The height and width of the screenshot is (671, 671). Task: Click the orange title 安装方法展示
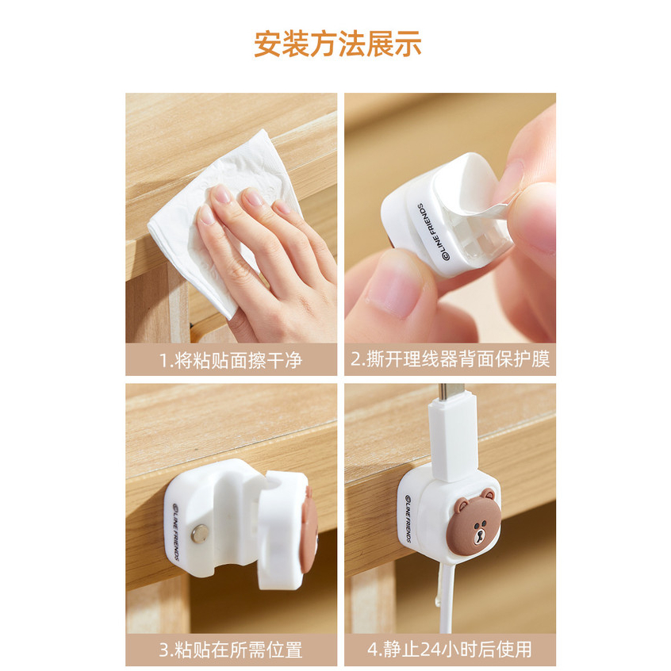point(338,44)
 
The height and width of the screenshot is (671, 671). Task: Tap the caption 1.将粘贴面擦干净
point(231,360)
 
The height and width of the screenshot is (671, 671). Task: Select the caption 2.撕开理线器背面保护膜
point(451,359)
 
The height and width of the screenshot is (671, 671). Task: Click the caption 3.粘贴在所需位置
point(231,650)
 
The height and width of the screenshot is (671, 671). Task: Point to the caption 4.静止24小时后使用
point(450,650)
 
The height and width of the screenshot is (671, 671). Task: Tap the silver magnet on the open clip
point(201,534)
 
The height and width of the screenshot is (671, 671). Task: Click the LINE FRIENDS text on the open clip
point(175,532)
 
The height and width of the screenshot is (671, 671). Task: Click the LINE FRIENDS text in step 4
point(408,519)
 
